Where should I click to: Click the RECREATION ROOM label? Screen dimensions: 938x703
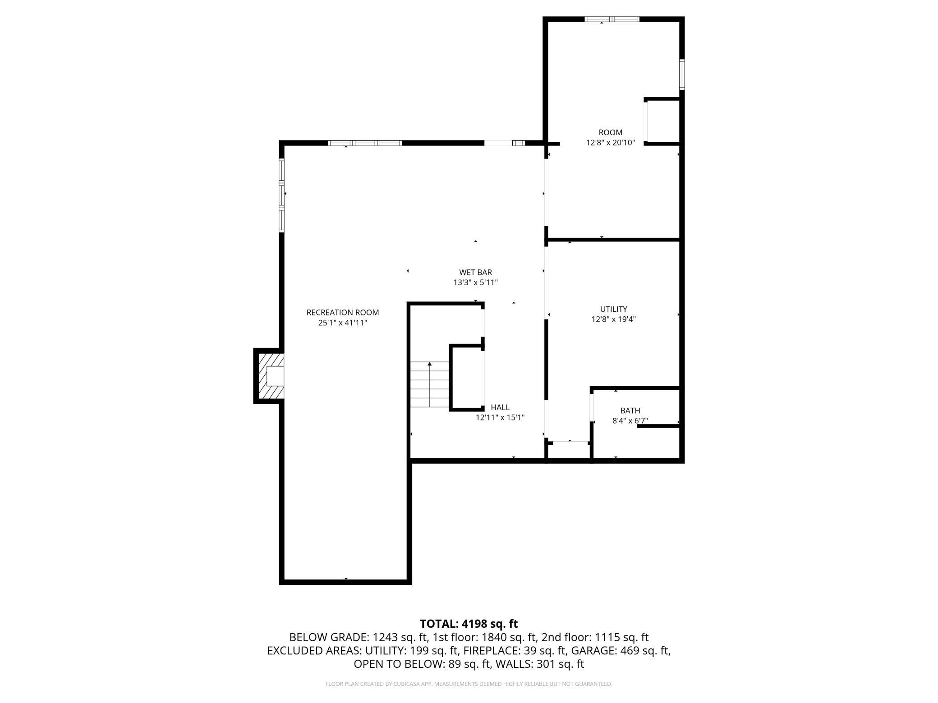pos(343,312)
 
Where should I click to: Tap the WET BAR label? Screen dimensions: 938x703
pos(475,272)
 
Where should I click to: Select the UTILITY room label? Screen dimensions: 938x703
pos(613,309)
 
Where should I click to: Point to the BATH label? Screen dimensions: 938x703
pos(630,411)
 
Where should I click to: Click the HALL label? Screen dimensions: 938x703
pos(500,407)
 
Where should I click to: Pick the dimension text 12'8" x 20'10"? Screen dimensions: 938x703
pos(611,143)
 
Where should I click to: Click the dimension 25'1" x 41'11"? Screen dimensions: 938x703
pos(343,323)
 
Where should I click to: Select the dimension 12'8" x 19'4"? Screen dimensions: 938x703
pos(613,320)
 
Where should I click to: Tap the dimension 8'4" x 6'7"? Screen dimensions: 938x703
pos(630,421)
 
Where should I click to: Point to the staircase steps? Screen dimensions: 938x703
pos(429,384)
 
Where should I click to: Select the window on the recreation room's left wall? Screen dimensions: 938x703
pos(282,195)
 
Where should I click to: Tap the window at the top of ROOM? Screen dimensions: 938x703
pos(612,19)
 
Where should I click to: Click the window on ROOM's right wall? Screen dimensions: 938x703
pos(682,74)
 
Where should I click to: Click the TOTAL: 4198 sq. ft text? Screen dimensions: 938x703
pos(469,624)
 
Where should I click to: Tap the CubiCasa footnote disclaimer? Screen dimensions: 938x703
pos(469,684)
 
